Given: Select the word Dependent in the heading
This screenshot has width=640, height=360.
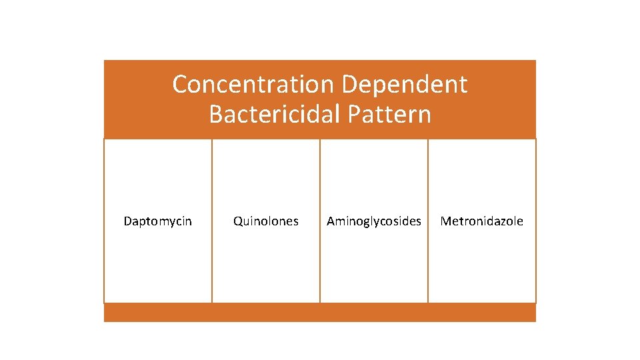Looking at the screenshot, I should tap(404, 85).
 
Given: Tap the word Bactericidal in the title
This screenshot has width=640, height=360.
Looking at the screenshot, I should tap(274, 114).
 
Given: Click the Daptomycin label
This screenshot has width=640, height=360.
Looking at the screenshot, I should tap(157, 221).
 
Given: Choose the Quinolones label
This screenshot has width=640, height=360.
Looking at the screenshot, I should tap(265, 221).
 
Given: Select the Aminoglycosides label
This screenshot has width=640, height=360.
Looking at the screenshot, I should tap(373, 221).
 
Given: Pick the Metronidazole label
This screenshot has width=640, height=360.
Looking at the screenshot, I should tap(481, 221).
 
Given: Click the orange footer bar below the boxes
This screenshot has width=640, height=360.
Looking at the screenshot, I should tap(320, 313).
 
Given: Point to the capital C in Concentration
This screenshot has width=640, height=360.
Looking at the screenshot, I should tap(181, 85).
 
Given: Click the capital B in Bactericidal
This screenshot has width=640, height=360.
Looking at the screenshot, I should tap(216, 114).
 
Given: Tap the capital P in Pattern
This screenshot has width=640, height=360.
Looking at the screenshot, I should tap(354, 114).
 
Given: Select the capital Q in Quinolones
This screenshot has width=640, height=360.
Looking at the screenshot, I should tap(237, 221).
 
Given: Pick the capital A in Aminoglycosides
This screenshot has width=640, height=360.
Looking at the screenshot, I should tap(331, 221).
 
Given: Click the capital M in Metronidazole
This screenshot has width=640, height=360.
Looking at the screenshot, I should tap(445, 221).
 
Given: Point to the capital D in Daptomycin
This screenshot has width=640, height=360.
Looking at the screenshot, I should tap(127, 221).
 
